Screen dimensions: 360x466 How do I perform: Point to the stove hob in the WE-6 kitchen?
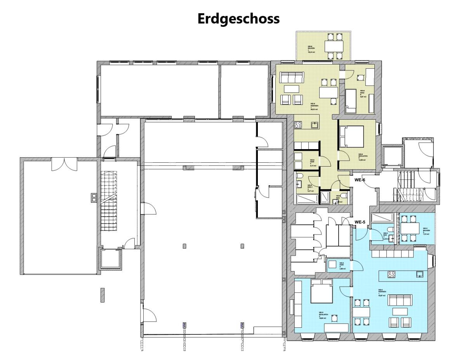pyautogui.click(x=299, y=125)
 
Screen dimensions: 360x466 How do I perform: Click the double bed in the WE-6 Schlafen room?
pyautogui.click(x=351, y=137)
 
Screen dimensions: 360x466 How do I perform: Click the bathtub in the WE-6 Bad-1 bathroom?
pyautogui.click(x=306, y=199)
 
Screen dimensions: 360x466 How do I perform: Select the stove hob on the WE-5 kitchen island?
pyautogui.click(x=391, y=275)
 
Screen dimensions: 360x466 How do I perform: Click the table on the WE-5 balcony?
pyautogui.click(x=410, y=228)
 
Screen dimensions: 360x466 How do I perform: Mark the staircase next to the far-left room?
pyautogui.click(x=109, y=202)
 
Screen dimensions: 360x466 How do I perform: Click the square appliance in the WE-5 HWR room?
pyautogui.click(x=332, y=265)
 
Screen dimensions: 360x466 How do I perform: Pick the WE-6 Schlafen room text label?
pyautogui.click(x=363, y=156)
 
